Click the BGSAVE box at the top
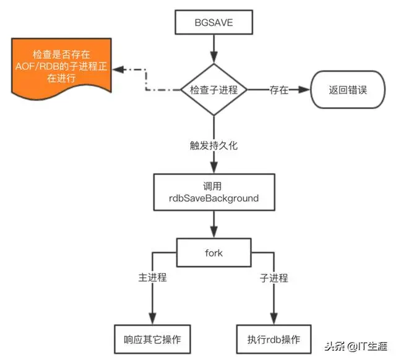213,23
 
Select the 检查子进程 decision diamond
213,90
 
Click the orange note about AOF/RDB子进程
61,69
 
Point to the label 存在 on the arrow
278,90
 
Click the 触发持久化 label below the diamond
213,146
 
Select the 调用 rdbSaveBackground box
213,192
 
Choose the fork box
213,252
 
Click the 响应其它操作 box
152,339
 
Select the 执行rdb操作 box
273,339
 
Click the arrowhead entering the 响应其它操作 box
152,318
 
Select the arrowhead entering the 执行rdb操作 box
273,318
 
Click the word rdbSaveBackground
213,199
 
